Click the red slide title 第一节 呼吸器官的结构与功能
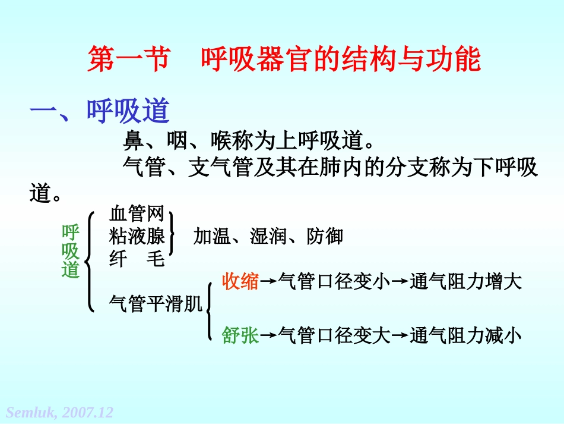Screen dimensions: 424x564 click(284, 60)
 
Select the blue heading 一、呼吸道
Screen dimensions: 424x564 click(100, 111)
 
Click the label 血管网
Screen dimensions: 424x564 click(137, 213)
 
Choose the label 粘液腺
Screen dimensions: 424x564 click(137, 236)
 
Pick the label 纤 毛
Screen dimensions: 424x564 click(137, 259)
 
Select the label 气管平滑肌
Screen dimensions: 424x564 click(156, 304)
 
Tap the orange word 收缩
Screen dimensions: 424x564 click(240, 281)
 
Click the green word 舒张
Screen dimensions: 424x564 click(240, 336)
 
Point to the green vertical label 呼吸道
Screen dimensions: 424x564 click(71, 251)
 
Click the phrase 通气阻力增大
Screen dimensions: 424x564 click(466, 281)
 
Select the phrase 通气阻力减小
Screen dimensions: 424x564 click(466, 336)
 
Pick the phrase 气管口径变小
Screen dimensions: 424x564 click(334, 281)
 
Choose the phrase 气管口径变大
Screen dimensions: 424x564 click(334, 336)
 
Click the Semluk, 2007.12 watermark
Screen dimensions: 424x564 click(59, 412)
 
